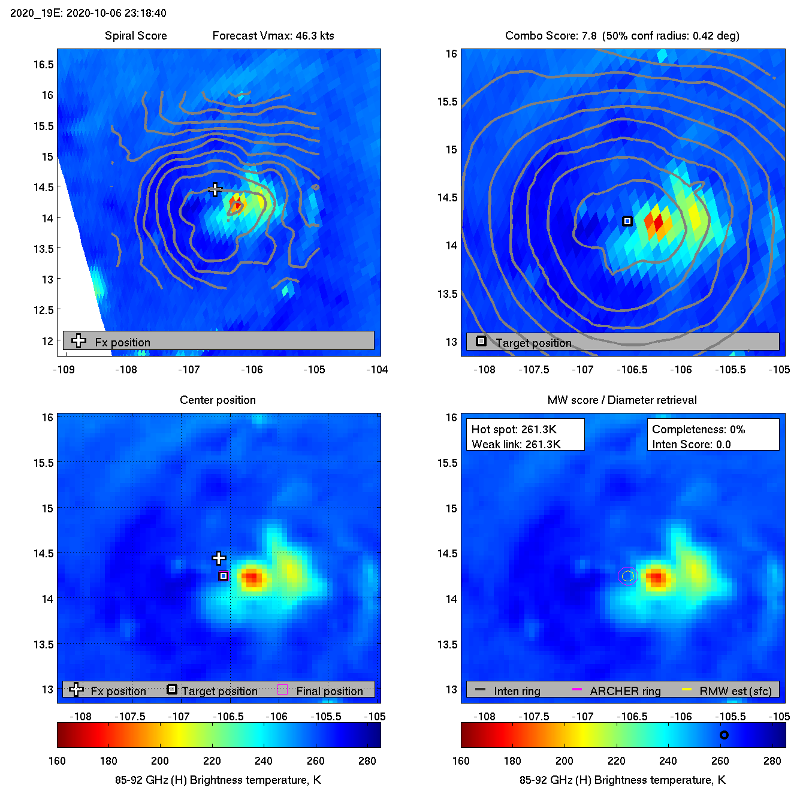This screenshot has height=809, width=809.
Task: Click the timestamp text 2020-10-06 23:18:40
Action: pos(116,13)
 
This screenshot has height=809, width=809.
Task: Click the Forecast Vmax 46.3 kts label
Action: pos(273,36)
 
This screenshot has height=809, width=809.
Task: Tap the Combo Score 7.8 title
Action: pos(551,36)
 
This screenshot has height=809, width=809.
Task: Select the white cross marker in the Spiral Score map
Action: pos(215,189)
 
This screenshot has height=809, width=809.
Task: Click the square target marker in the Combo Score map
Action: pos(627,221)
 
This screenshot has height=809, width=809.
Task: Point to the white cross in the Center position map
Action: pos(219,559)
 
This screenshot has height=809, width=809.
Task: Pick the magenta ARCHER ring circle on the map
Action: pos(627,576)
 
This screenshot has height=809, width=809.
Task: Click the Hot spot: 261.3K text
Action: pos(514,430)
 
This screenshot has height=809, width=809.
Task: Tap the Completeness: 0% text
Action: pos(698,430)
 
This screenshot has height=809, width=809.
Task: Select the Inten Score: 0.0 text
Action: pos(691,445)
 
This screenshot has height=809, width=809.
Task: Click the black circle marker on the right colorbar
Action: pos(724,735)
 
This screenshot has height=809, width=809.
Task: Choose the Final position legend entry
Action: pos(329,691)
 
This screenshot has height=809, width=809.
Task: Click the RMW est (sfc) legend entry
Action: pos(735,691)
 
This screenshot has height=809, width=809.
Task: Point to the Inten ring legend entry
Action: pos(517,691)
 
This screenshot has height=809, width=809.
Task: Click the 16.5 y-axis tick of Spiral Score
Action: pos(44,65)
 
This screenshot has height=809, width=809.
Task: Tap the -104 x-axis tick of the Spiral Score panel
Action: pos(377,370)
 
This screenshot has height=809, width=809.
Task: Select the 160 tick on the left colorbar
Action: pos(58,761)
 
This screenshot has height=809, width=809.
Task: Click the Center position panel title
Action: pos(218,400)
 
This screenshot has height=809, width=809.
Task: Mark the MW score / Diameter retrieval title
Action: pos(622,400)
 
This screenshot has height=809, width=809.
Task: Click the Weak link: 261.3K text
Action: pos(516,445)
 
